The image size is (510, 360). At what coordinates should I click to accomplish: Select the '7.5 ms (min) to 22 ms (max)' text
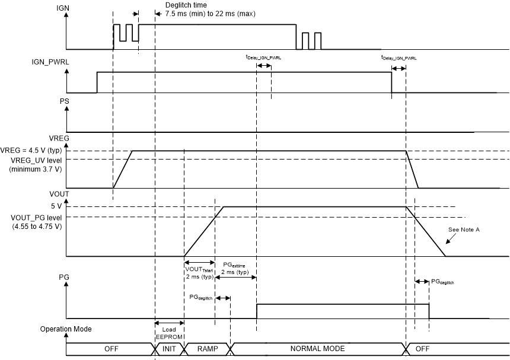[x=210, y=13]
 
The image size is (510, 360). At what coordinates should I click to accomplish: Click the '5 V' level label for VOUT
[x=56, y=206]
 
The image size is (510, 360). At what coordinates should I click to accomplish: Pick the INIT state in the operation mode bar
[x=169, y=349]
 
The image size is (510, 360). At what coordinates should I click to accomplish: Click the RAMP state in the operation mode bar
[x=206, y=349]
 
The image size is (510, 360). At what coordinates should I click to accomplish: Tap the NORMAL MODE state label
[x=317, y=349]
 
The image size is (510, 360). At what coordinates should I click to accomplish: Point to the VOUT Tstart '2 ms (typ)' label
[x=199, y=276]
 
